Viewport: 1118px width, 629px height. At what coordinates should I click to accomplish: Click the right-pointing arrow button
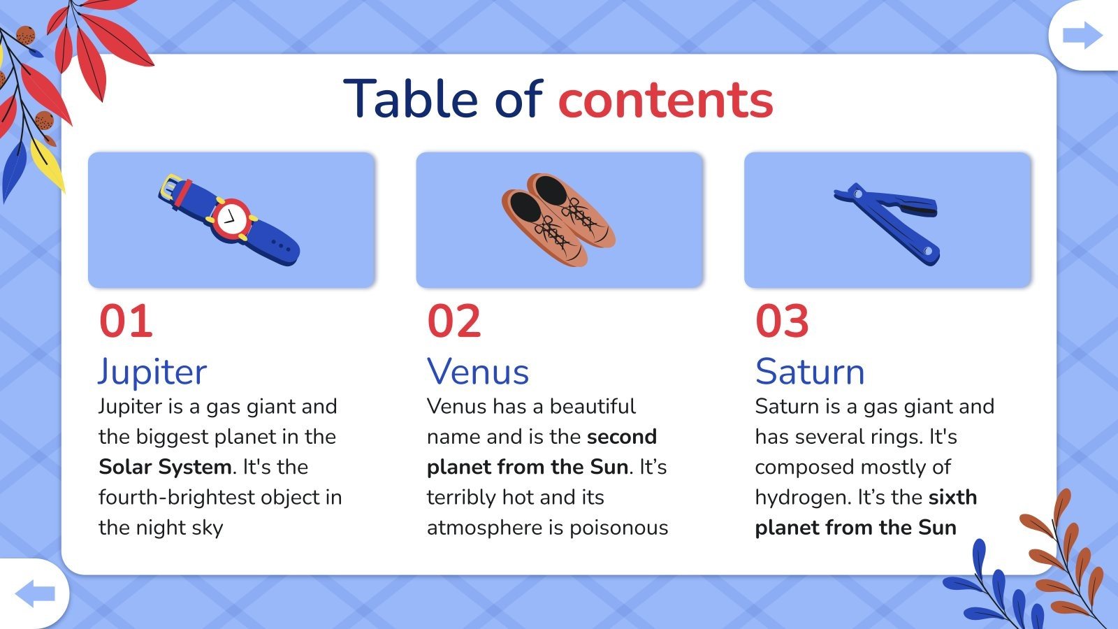[1082, 35]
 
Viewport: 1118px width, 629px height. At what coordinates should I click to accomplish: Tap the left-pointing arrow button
[35, 593]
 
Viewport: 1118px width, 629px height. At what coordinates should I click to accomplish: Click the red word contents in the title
[666, 100]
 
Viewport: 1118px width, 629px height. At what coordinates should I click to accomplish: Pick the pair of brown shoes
[558, 219]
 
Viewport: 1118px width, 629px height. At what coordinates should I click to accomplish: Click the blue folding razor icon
[887, 224]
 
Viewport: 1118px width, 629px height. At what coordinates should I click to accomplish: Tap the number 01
[126, 321]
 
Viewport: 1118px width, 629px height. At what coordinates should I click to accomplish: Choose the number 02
[454, 321]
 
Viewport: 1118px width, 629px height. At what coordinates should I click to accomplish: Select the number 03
[782, 321]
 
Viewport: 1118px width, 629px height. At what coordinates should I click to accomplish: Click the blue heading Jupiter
[152, 372]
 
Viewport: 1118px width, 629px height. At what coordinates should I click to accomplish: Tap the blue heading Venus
[478, 371]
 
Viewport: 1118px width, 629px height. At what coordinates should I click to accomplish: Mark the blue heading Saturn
[810, 371]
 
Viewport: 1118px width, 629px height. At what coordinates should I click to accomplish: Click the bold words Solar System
[165, 468]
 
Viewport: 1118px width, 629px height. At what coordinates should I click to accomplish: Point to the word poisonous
[619, 528]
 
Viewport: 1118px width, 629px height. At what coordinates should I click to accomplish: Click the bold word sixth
[953, 497]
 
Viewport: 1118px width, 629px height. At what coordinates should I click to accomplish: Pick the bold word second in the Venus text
[622, 438]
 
